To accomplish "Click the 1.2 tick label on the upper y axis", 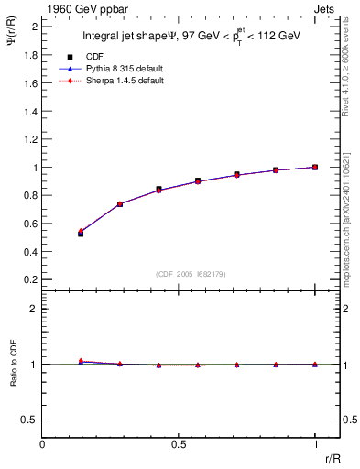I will (x=31, y=138).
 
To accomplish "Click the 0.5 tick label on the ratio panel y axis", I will (x=31, y=420).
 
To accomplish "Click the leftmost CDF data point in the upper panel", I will (x=81, y=234).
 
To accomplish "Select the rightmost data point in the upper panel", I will (x=315, y=167).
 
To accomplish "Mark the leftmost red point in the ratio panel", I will (x=81, y=361).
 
